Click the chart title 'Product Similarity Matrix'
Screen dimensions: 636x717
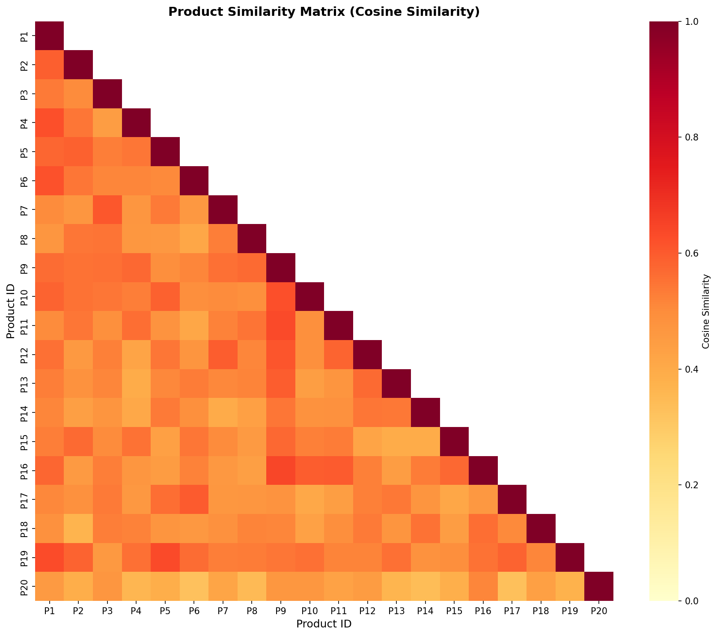324,12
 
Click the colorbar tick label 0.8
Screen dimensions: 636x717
690,137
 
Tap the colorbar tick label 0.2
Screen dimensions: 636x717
690,485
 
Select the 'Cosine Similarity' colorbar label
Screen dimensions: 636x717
706,311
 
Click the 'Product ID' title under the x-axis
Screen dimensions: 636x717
324,624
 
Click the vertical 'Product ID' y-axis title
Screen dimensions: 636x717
10,311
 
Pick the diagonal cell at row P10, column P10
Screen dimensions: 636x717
309,296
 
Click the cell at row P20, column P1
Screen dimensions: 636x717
49,586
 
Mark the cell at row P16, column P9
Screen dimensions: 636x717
280,470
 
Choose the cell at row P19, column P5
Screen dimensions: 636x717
165,557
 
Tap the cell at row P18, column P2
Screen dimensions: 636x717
78,529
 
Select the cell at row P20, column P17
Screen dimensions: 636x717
512,586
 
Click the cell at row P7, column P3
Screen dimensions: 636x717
107,209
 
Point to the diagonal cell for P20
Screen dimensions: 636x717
598,586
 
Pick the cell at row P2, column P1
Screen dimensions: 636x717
49,65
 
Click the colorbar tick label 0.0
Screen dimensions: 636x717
690,601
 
